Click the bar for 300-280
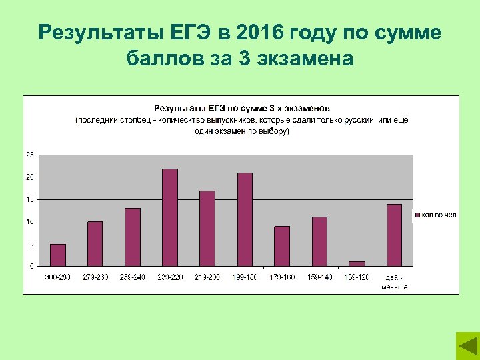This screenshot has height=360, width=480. coord(58,255)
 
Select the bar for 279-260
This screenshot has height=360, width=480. coord(95,244)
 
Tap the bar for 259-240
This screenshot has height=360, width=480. coord(133,237)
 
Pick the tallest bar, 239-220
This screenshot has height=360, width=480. coord(170,217)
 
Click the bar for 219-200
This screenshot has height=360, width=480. coord(207,229)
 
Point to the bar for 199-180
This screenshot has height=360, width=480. coord(245,219)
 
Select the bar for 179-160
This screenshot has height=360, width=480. coord(282,246)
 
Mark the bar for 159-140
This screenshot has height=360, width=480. coord(319,241)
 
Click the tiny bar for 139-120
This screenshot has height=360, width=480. coord(357,264)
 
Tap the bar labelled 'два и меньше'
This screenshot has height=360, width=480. coord(394,235)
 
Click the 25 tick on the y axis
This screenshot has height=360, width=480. coord(30,155)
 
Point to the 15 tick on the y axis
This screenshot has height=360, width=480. coord(30,199)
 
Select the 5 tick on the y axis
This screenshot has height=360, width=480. coord(31,244)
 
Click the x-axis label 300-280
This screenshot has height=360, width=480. coord(58,277)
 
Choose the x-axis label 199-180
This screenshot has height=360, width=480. coord(245,277)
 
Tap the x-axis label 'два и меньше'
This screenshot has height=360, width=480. coord(394,281)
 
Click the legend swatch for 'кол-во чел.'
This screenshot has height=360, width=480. coord(417,215)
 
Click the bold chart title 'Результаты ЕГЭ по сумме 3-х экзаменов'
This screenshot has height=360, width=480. coord(242,107)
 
